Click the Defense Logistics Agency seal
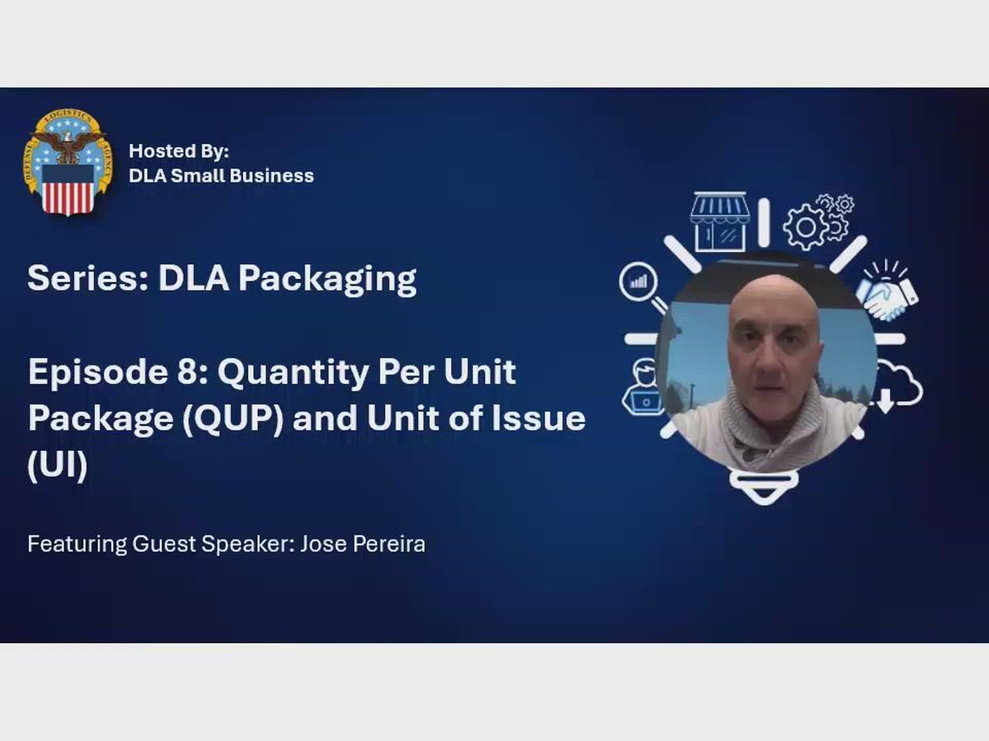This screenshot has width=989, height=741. point(68,163)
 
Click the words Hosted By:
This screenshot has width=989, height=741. point(179,151)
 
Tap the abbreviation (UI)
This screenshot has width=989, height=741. point(57,464)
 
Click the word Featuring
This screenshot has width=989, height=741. point(77,544)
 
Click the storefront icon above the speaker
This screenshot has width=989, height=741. point(719,222)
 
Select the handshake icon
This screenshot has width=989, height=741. point(887,294)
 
